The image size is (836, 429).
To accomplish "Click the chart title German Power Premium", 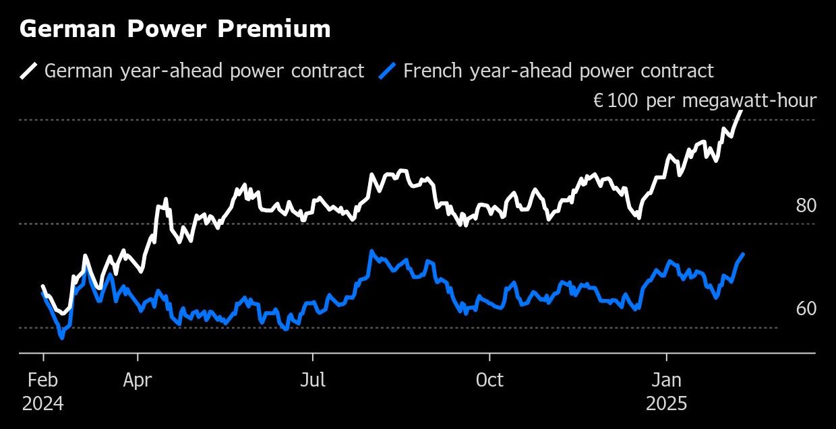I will tap(175, 29).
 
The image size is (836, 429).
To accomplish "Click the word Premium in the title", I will tap(282, 29).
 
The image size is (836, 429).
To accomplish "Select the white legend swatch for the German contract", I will tap(28, 71).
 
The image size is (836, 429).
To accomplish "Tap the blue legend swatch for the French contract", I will tap(387, 71).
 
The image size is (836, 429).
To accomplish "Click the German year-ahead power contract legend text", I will tap(204, 71).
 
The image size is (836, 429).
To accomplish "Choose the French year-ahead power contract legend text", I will tap(558, 71).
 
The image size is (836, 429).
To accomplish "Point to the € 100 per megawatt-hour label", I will tap(705, 101).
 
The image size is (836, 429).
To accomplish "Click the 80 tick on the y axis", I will tap(806, 206).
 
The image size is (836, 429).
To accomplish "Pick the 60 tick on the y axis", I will tap(806, 309).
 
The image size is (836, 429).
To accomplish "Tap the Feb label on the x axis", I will tap(43, 381).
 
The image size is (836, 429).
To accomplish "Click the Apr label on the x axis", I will tap(138, 381).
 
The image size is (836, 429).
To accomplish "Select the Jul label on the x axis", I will tap(313, 381).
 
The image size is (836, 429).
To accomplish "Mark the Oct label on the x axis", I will tap(489, 381).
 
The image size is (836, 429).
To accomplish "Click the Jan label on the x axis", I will tap(667, 381).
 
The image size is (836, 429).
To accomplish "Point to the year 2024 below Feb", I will tap(43, 404).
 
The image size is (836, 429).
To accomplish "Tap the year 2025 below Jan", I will tap(667, 404).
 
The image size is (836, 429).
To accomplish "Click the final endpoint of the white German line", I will tap(742, 111).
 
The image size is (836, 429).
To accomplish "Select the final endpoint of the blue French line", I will tap(743, 254).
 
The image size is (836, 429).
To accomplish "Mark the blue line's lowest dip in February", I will tap(62, 337).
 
